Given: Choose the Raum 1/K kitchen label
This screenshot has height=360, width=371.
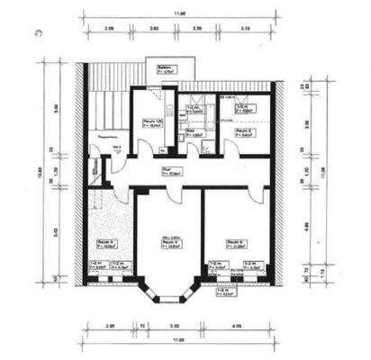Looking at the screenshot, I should pos(152,123).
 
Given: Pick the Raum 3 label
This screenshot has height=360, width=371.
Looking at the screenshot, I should pos(105,242).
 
